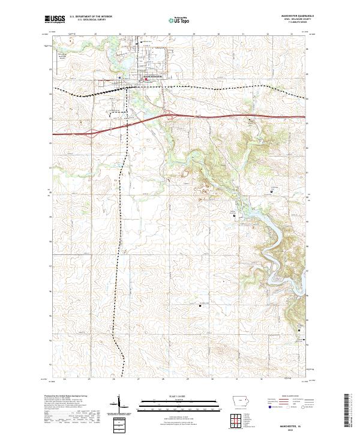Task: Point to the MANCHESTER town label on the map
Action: (x=152, y=76)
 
